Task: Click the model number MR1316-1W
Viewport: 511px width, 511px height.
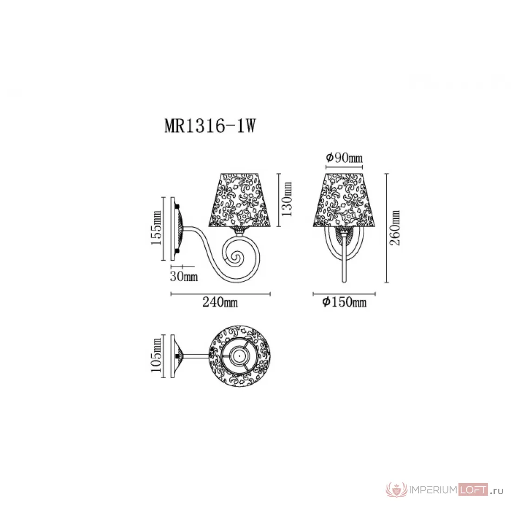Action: [x=210, y=125]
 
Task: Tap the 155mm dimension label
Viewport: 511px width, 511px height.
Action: [x=157, y=228]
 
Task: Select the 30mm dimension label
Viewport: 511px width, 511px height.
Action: [x=184, y=276]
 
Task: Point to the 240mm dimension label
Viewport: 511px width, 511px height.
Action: [x=220, y=302]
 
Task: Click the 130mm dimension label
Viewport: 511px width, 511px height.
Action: [x=287, y=199]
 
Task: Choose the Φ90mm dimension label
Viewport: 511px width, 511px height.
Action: [x=344, y=158]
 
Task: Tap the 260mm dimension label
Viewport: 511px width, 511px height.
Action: [x=395, y=228]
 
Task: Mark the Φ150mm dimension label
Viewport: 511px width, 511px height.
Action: [x=345, y=302]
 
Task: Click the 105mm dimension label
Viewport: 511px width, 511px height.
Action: [x=157, y=355]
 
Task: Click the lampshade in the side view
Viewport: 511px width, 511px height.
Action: [x=240, y=200]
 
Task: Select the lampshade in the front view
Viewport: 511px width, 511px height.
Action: [x=344, y=200]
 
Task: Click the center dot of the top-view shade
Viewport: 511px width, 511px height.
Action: [x=239, y=356]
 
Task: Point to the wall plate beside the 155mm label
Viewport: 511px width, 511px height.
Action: [x=173, y=228]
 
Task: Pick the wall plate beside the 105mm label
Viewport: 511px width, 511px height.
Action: [x=173, y=356]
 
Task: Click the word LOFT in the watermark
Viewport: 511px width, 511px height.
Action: [x=473, y=490]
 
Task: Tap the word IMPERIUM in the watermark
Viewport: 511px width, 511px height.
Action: [x=433, y=490]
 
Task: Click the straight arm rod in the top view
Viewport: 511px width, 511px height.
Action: [x=196, y=356]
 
